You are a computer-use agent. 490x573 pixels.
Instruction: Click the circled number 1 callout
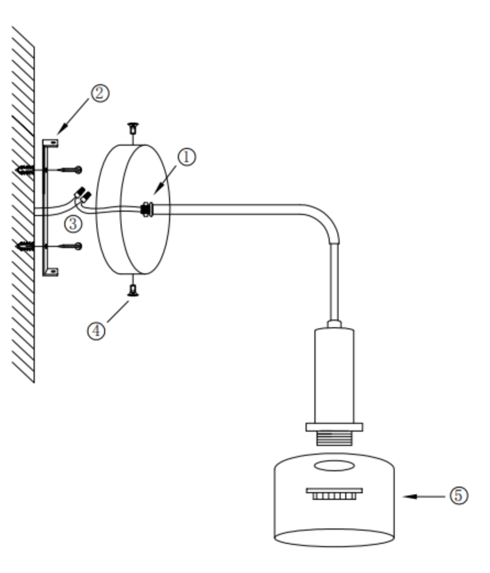click(186, 157)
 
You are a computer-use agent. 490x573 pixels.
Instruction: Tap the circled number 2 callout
click(100, 92)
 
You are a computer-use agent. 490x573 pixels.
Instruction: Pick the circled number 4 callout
click(96, 330)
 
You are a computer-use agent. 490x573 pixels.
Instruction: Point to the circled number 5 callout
click(459, 495)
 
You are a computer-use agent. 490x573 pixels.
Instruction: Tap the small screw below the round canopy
click(132, 290)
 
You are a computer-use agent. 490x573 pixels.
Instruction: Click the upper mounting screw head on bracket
click(78, 170)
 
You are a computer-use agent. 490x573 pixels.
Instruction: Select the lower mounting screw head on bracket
click(78, 246)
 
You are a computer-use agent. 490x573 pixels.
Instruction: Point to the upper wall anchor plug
click(25, 170)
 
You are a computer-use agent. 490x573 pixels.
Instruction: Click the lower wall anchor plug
click(25, 246)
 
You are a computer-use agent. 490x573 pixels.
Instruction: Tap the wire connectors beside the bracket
click(83, 195)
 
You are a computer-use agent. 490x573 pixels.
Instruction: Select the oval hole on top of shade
click(334, 466)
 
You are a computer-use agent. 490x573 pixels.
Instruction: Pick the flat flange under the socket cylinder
click(334, 427)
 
